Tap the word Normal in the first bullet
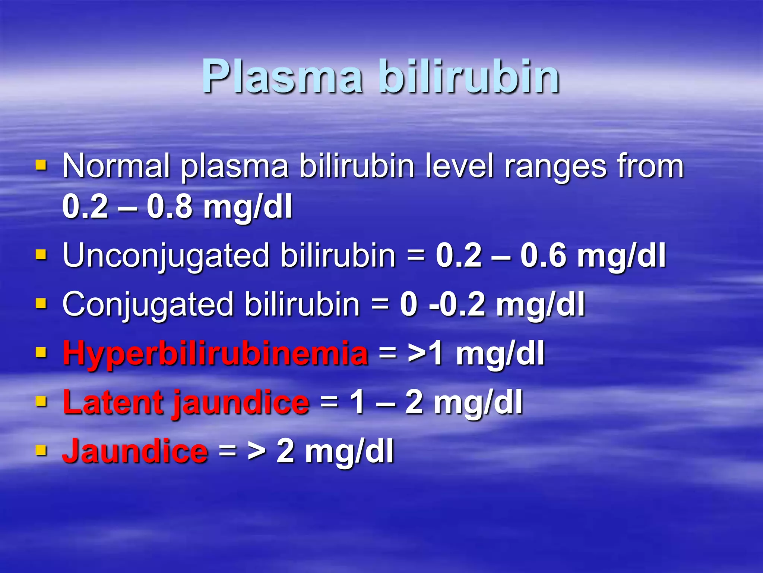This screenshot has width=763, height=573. pyautogui.click(x=116, y=166)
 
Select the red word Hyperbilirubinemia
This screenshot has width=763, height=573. pyautogui.click(x=215, y=354)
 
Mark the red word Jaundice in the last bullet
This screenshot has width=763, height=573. pyautogui.click(x=135, y=451)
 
